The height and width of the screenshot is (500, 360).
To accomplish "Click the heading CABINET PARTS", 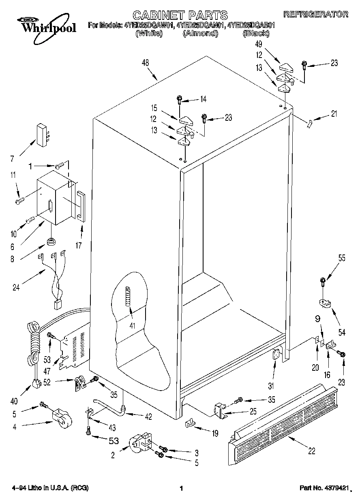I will pos(180,15).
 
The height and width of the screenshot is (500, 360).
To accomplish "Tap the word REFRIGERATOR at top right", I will pos(315,14).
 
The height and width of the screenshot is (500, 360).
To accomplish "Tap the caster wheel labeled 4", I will pos(61,418).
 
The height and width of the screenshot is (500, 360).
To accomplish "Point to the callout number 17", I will pos(79,245).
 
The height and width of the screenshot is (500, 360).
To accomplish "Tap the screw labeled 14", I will pos(179,99).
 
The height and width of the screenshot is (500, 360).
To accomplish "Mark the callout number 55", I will pos(342,258).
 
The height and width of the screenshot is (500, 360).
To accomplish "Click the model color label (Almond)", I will pos(200,34).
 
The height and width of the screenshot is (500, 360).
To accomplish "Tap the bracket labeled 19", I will pos(190,423).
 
